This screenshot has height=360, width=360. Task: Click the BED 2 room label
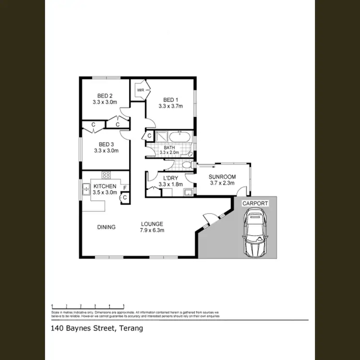[x=105, y=96]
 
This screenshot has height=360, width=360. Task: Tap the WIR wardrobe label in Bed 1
[x=141, y=90]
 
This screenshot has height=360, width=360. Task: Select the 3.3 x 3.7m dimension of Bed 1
[x=171, y=107]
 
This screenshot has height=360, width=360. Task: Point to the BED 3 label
[x=106, y=144]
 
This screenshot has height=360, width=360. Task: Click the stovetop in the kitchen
[x=106, y=175]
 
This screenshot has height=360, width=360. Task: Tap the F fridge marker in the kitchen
[x=125, y=187]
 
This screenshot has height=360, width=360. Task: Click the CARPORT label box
[x=255, y=204]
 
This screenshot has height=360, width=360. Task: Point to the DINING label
[x=106, y=227]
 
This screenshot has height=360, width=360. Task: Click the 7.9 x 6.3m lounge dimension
[x=152, y=230]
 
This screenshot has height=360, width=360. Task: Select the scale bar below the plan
[x=88, y=305]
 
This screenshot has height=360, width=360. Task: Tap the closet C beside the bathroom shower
[x=150, y=136]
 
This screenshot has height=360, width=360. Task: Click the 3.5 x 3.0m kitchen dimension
[x=105, y=192]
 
